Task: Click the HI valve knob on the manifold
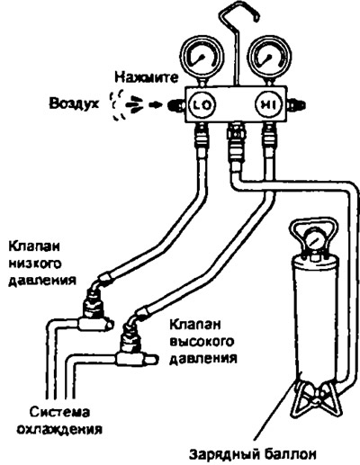268,105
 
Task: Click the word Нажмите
147,78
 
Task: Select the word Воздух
74,104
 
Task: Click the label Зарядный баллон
252,454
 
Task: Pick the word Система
60,412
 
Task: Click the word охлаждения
59,429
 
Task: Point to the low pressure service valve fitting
95,313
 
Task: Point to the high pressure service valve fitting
132,348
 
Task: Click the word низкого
35,264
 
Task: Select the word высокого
202,342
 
